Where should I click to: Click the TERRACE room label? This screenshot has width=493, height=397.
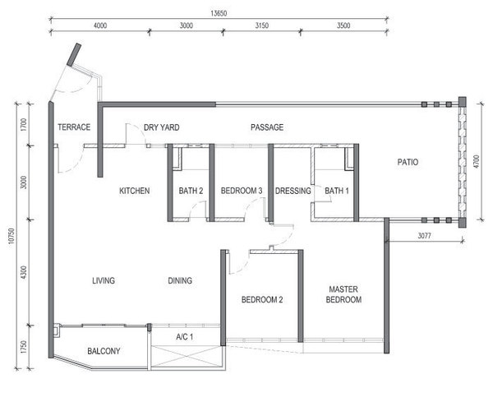tap(74, 127)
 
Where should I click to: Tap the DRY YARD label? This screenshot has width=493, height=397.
tap(162, 127)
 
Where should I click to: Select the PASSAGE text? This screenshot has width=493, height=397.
tap(267, 127)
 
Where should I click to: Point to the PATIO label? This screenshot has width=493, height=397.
tap(408, 162)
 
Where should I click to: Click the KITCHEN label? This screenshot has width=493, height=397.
tap(135, 191)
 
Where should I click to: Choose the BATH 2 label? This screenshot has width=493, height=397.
tap(191, 191)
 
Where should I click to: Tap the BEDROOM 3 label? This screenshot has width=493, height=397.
tap(242, 191)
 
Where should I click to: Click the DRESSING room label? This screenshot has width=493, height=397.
tap(293, 191)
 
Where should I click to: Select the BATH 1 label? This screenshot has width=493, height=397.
tap(337, 191)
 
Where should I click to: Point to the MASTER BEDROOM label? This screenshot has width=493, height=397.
tap(343, 294)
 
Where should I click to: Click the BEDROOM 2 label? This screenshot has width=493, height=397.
tap(262, 300)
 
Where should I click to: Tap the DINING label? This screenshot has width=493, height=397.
tap(180, 280)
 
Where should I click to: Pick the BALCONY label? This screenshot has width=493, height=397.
tap(104, 351)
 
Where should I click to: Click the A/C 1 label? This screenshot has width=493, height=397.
tap(185, 337)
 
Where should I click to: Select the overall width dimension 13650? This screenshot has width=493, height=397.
tap(219, 13)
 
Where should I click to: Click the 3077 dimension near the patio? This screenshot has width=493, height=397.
tap(424, 236)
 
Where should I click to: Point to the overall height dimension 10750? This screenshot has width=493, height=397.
tap(12, 236)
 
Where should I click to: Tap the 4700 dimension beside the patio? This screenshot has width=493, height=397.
tap(477, 161)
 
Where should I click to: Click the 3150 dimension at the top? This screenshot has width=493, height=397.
tap(261, 25)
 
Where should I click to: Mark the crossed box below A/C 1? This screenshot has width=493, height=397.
tap(186, 357)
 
